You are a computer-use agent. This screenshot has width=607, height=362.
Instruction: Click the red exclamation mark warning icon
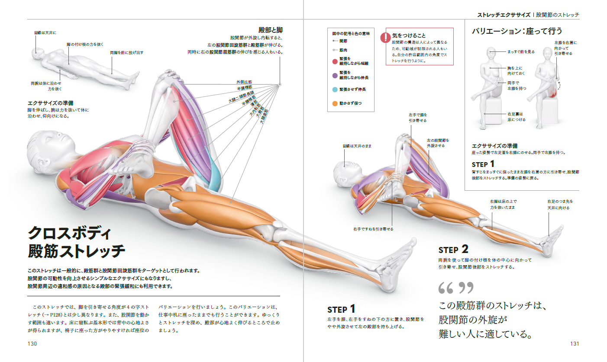point(385,38)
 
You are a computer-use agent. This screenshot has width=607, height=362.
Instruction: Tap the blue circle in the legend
point(335,90)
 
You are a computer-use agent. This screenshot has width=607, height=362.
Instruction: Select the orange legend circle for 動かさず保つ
point(335,104)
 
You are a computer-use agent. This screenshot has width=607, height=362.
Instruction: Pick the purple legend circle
point(335,75)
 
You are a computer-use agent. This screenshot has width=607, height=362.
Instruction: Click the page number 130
point(32,344)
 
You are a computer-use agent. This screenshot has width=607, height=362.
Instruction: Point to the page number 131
point(575,344)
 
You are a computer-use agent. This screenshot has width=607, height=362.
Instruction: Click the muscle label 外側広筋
point(244,82)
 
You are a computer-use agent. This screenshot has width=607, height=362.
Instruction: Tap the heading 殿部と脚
point(271,30)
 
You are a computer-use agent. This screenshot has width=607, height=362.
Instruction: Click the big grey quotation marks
point(455,288)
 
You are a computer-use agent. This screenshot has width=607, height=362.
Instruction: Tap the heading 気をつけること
point(409,35)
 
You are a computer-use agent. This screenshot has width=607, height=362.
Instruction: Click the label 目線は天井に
point(45,32)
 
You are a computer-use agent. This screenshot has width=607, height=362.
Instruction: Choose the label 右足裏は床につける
point(516,117)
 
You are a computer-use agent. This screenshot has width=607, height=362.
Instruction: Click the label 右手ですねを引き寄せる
point(373,229)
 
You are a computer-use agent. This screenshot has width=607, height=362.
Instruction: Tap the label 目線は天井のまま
point(357,146)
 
